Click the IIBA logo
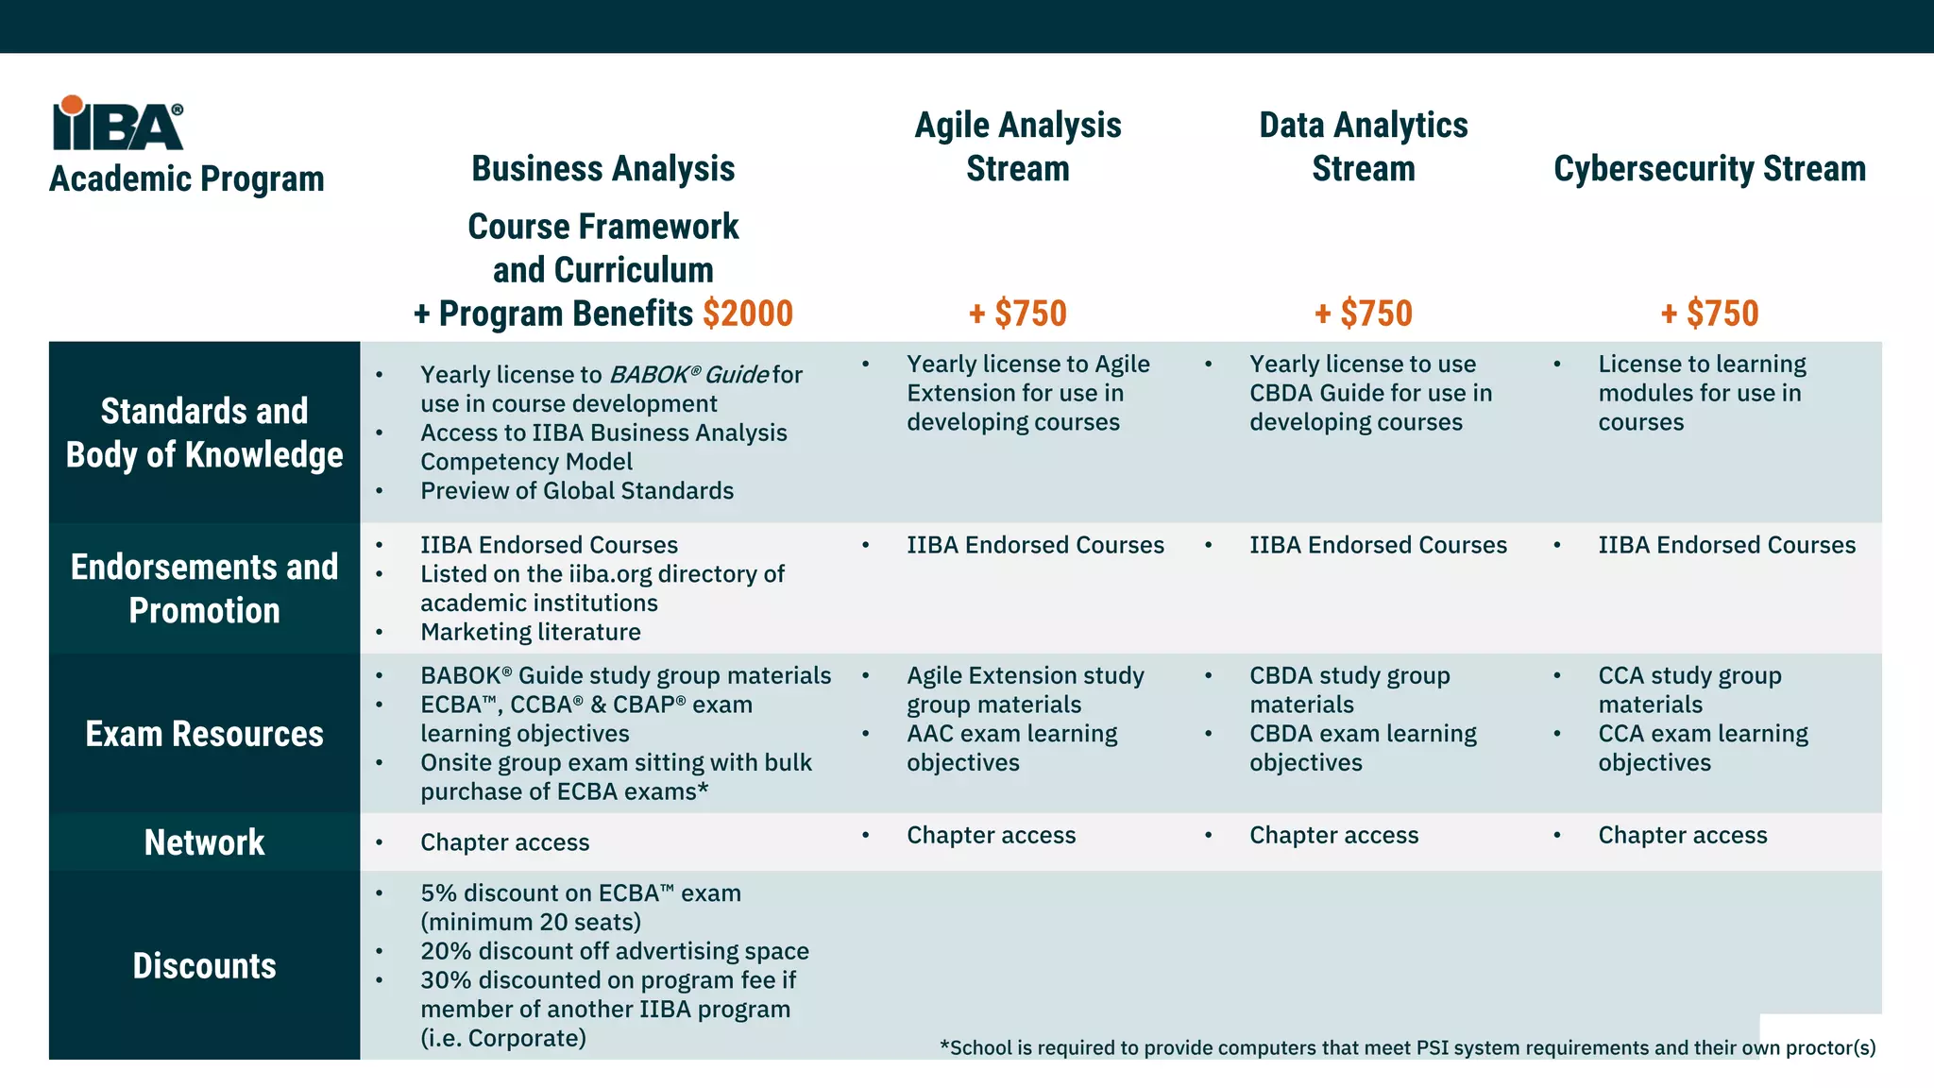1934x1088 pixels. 118,124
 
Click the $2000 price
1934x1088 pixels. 748,314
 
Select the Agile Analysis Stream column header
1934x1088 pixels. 1018,147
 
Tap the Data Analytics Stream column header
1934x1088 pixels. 1363,147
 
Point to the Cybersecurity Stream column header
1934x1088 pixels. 1709,169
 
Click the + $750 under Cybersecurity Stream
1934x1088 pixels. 1709,314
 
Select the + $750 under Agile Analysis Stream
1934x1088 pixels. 1018,314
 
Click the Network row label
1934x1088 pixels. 204,842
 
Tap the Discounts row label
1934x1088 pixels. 204,966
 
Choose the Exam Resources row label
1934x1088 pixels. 204,734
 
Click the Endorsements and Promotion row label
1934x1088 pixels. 204,588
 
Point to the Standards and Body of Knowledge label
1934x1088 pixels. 204,433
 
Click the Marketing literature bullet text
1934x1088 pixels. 530,632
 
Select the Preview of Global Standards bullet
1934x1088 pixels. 576,491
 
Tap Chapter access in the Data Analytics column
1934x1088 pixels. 1333,835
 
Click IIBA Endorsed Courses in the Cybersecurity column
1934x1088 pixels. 1726,545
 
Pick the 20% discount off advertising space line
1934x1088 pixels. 614,951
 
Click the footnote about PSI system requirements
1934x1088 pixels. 1407,1047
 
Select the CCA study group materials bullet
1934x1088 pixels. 1689,689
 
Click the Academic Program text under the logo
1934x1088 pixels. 187,178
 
